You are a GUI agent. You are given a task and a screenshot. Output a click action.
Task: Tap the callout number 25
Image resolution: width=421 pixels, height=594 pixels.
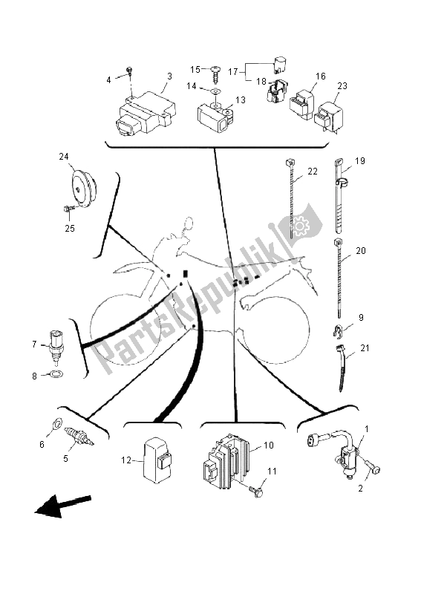[x=70, y=228]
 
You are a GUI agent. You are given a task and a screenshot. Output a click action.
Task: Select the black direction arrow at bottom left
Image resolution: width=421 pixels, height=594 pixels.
[x=63, y=506]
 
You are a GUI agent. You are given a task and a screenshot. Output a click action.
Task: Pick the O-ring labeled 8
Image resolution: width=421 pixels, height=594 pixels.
[x=57, y=374]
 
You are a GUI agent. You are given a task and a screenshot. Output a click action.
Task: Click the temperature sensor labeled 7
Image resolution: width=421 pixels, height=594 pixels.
[x=56, y=347]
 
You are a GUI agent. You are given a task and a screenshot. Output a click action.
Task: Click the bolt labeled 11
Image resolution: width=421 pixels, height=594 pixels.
[x=255, y=492]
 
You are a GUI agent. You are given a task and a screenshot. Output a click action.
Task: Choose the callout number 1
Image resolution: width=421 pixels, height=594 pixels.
[x=367, y=429]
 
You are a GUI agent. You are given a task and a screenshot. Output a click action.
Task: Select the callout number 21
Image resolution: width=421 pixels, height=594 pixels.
[x=365, y=347]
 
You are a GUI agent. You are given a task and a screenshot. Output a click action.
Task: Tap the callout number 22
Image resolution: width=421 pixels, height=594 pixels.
[x=313, y=172]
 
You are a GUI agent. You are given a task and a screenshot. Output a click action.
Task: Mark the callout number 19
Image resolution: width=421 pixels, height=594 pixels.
[x=360, y=160]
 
